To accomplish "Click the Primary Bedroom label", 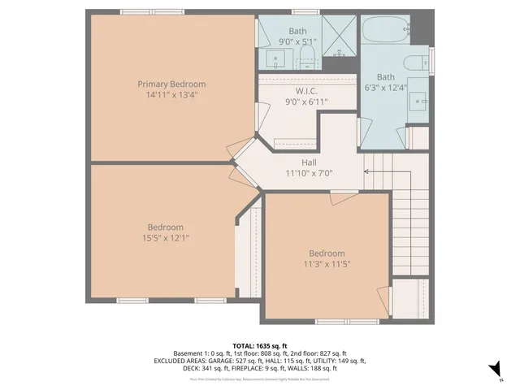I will [x=171, y=84].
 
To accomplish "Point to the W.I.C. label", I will [x=306, y=91].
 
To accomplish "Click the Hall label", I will [x=309, y=162].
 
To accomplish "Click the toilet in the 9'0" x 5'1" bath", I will [x=307, y=55].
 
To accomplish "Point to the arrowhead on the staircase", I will [x=367, y=171].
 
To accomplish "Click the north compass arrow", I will [x=493, y=370].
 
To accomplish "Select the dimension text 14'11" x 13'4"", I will [x=171, y=94].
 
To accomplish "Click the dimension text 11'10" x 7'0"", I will [x=309, y=172].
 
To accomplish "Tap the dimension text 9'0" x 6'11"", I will [x=306, y=102].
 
